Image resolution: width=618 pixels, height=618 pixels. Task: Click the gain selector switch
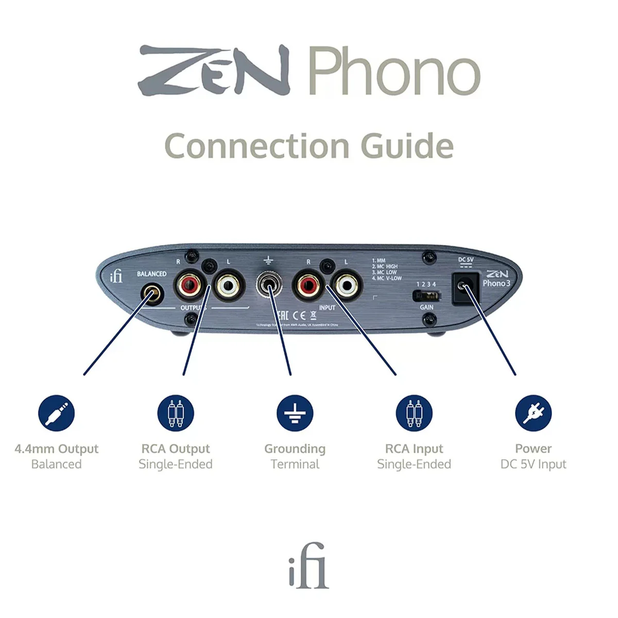tap(426, 296)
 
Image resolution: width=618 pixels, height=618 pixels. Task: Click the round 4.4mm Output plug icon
tap(56, 414)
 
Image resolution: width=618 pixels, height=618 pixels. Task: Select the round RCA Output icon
tap(176, 414)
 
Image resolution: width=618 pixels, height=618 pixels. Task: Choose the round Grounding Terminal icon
tap(295, 414)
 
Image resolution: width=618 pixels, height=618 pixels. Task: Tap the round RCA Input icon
tap(414, 414)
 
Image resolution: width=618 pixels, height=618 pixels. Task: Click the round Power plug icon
tap(533, 414)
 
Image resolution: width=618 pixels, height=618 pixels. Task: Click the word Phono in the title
tap(394, 72)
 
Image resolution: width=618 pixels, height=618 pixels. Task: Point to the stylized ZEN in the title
tap(214, 71)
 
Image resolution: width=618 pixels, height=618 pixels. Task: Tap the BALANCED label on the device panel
tap(151, 274)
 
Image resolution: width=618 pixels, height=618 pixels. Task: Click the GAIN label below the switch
tap(426, 307)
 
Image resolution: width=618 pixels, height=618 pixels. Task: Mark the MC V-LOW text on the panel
tap(387, 279)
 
